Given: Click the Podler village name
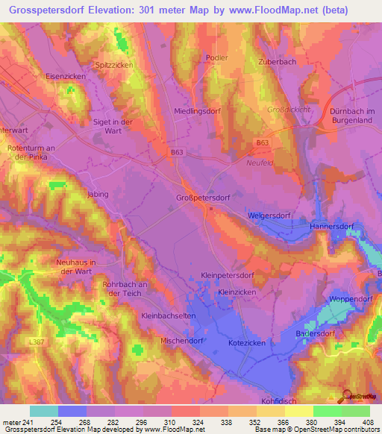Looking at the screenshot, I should pyautogui.click(x=215, y=57).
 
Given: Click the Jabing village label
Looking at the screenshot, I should pyautogui.click(x=98, y=194).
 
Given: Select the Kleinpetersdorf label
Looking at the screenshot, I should pyautogui.click(x=230, y=275).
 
